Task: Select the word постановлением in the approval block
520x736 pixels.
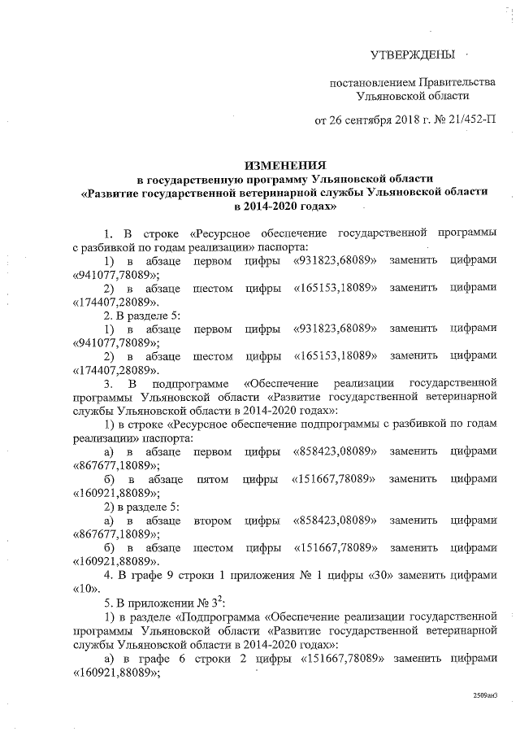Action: [370, 83]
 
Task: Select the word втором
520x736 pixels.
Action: [213, 520]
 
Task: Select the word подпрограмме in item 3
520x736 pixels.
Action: [192, 383]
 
